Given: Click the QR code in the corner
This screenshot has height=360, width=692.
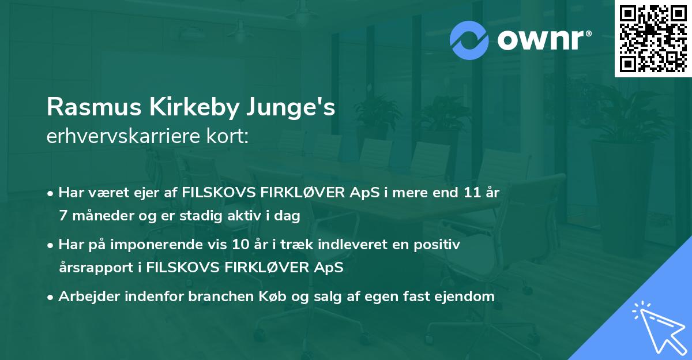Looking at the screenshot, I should [653, 38].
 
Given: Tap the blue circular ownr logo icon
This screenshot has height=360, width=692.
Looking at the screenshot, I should [470, 40].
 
